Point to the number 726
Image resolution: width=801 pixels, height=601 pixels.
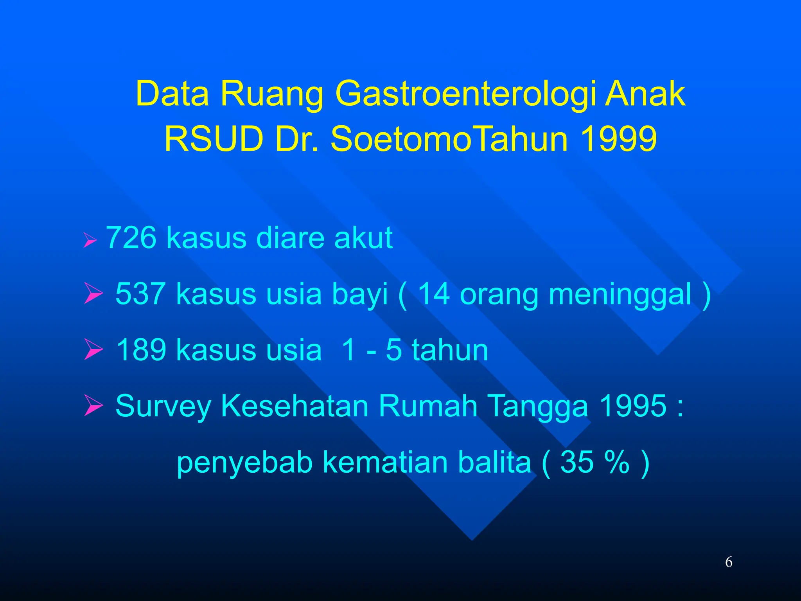[131, 238]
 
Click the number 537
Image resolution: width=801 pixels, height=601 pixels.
[140, 293]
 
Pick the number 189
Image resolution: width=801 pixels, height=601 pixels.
[141, 349]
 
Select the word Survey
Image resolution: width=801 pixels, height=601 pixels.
[163, 406]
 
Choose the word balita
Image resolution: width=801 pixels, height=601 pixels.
[494, 462]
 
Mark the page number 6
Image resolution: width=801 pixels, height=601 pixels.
[729, 562]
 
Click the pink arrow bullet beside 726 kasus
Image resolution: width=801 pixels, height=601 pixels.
[90, 240]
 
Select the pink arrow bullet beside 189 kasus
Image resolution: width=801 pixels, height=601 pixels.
[93, 350]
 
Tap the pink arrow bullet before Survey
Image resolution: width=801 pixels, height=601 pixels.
[93, 406]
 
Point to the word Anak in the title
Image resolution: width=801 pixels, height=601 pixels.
[645, 94]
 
